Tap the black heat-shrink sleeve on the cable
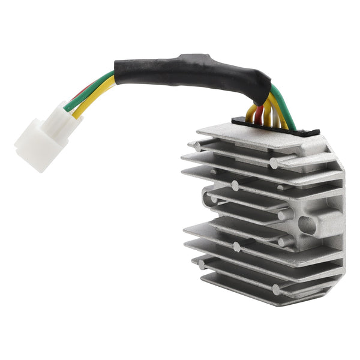point(180,69)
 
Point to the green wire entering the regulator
point(287,111)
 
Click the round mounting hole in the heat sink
point(307,225)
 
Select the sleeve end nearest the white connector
point(120,75)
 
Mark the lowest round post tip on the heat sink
point(276,290)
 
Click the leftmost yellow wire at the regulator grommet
point(251,114)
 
